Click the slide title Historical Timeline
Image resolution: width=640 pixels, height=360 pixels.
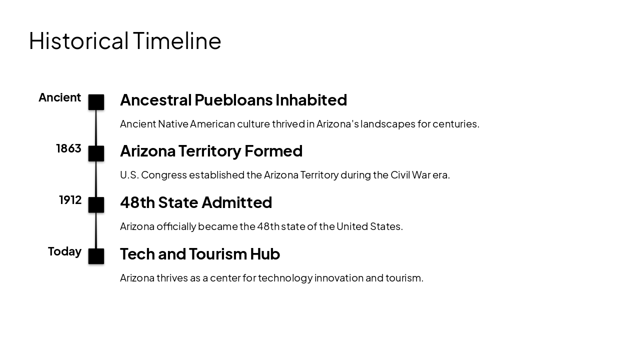(125, 41)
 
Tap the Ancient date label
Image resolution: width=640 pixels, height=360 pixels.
(59, 97)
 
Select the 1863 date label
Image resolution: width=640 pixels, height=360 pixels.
(68, 148)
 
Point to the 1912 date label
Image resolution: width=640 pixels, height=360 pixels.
(70, 200)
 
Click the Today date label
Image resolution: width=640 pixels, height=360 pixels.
(64, 251)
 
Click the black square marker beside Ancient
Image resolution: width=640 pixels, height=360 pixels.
(96, 102)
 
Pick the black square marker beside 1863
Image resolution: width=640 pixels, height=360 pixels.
(96, 153)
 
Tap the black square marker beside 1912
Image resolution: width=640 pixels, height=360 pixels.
(96, 205)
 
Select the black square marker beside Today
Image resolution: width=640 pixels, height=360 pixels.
(96, 256)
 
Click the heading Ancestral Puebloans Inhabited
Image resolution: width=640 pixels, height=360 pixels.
(233, 100)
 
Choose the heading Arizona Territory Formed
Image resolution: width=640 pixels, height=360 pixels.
(211, 151)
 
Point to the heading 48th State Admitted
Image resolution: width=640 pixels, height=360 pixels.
(196, 202)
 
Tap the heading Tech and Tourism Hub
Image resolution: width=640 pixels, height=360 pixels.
(200, 254)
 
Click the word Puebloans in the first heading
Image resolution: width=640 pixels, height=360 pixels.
(233, 100)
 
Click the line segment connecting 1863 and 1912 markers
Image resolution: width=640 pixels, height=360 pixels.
(96, 179)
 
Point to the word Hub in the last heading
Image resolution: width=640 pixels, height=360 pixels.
(265, 254)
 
